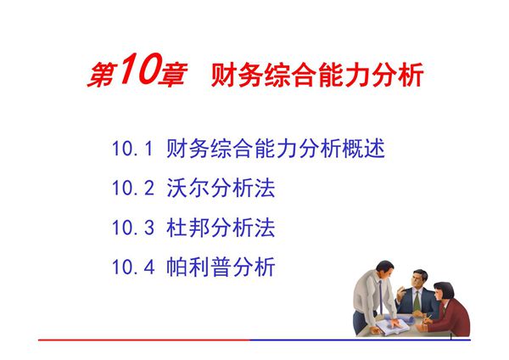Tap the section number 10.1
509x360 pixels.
click(131, 150)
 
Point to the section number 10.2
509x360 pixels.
click(131, 189)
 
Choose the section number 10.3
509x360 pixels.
click(131, 228)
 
